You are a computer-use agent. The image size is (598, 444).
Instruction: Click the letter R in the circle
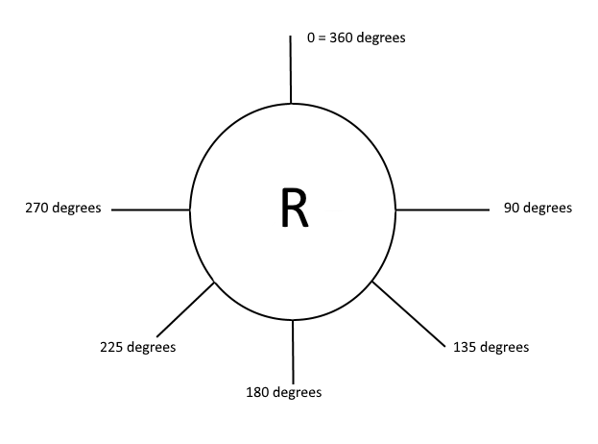[x=295, y=208]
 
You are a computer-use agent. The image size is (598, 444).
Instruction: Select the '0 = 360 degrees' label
[x=356, y=38]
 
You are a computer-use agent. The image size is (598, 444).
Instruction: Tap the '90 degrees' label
[x=538, y=208]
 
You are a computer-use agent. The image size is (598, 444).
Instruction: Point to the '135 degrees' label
[x=490, y=347]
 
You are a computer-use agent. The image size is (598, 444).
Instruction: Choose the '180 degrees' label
[x=284, y=392]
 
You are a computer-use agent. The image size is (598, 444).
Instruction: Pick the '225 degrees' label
[x=138, y=347]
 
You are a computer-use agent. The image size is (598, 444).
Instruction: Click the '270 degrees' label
[x=63, y=208]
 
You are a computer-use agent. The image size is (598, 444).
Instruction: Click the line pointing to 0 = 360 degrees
[x=290, y=69]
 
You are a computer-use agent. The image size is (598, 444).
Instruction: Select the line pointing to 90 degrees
[x=443, y=209]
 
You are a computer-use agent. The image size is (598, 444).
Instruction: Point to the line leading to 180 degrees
[x=293, y=351]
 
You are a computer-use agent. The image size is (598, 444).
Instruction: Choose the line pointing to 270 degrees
[x=151, y=209]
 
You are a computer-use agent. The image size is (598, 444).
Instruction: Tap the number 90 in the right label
[x=512, y=208]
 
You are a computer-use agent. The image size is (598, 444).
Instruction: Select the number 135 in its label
[x=465, y=347]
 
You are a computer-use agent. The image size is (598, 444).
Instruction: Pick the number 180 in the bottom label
[x=258, y=392]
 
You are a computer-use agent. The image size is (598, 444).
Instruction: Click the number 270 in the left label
[x=37, y=208]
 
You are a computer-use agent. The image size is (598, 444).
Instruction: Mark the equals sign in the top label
[x=322, y=38]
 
